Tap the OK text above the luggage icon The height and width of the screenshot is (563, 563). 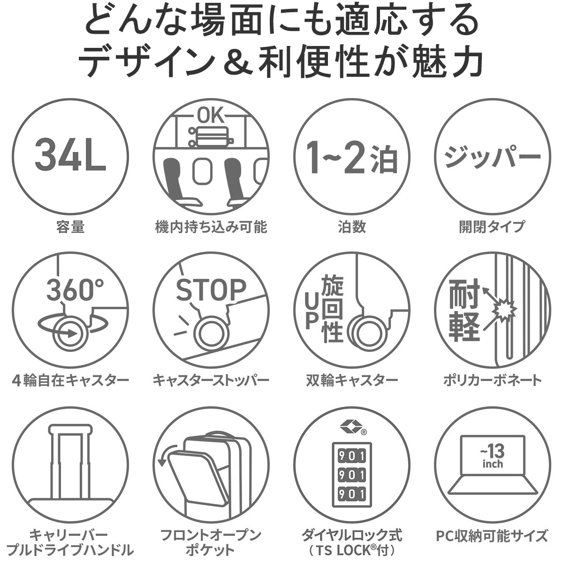[211, 115]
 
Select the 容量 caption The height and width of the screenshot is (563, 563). [70, 228]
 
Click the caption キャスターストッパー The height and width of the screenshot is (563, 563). [211, 380]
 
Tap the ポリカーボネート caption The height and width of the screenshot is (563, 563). [492, 380]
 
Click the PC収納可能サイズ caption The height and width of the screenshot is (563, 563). [492, 535]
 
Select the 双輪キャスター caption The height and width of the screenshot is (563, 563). [351, 380]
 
